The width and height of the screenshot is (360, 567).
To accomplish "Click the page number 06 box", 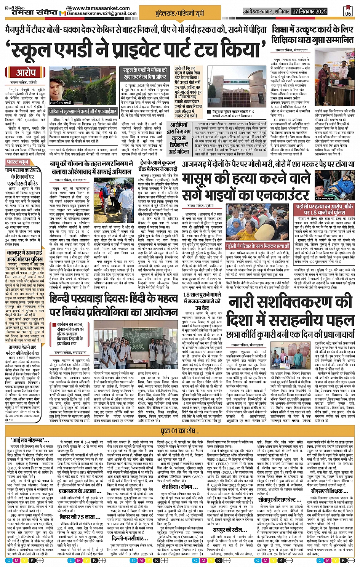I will coord(348,11).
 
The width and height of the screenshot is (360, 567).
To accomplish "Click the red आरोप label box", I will coord(26,72).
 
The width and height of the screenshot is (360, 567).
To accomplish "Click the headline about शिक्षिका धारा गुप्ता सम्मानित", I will coord(312,34).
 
